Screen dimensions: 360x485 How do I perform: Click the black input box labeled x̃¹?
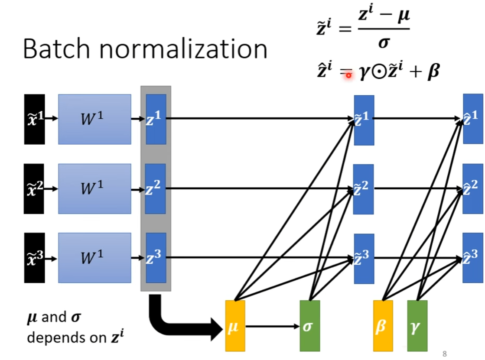pos(34,119)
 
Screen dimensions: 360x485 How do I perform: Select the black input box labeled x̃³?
pos(34,258)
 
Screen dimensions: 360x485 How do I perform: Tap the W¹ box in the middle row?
pos(94,188)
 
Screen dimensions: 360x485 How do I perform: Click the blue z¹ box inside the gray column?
pos(156,119)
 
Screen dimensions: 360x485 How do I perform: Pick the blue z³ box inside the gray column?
pos(156,258)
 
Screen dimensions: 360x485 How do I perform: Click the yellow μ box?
pos(235,325)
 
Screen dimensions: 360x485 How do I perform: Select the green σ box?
pos(309,325)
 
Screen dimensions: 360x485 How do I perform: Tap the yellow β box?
pos(383,325)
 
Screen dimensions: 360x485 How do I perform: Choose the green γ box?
pos(417,325)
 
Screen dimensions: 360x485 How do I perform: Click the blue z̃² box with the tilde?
pos(364,189)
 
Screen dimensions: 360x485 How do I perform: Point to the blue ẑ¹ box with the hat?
pos(473,118)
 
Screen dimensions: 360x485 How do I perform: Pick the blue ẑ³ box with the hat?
pos(473,258)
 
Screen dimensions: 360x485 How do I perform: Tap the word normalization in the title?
pos(183,49)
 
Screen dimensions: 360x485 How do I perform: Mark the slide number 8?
pos(444,353)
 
